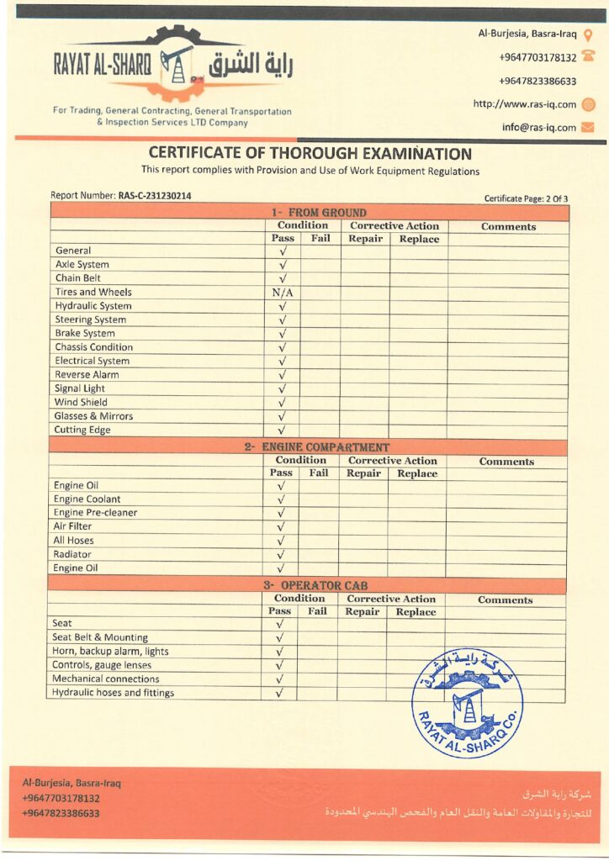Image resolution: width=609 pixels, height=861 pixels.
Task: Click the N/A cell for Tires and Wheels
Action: (x=283, y=293)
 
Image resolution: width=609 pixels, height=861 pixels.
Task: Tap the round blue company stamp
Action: (x=466, y=704)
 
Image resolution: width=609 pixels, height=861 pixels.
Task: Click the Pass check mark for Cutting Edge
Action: (x=283, y=430)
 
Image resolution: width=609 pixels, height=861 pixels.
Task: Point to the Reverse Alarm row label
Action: (x=87, y=375)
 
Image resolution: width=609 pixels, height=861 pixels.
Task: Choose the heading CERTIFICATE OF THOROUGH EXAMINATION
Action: (x=310, y=154)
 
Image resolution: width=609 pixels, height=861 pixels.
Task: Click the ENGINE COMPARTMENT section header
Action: (x=316, y=447)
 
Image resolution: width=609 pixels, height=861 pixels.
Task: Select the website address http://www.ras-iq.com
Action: (x=524, y=104)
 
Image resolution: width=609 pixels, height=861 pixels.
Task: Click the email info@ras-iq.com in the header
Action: (x=538, y=128)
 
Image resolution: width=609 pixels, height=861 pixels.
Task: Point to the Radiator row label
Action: (x=72, y=555)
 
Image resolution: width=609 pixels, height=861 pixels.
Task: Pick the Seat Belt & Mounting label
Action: (x=99, y=638)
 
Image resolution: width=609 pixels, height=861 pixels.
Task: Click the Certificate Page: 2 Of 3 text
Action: (x=526, y=199)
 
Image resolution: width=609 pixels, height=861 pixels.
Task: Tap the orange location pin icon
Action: (x=588, y=35)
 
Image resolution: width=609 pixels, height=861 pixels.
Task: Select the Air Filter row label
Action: (x=73, y=527)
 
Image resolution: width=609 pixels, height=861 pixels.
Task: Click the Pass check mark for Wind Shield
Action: (x=283, y=403)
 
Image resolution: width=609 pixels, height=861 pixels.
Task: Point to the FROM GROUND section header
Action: (x=318, y=213)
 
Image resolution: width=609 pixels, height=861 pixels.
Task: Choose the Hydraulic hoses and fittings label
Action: (x=113, y=693)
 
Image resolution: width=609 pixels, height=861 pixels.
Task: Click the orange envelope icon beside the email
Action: (x=588, y=128)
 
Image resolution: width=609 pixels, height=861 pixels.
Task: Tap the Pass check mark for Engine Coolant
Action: (x=281, y=499)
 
